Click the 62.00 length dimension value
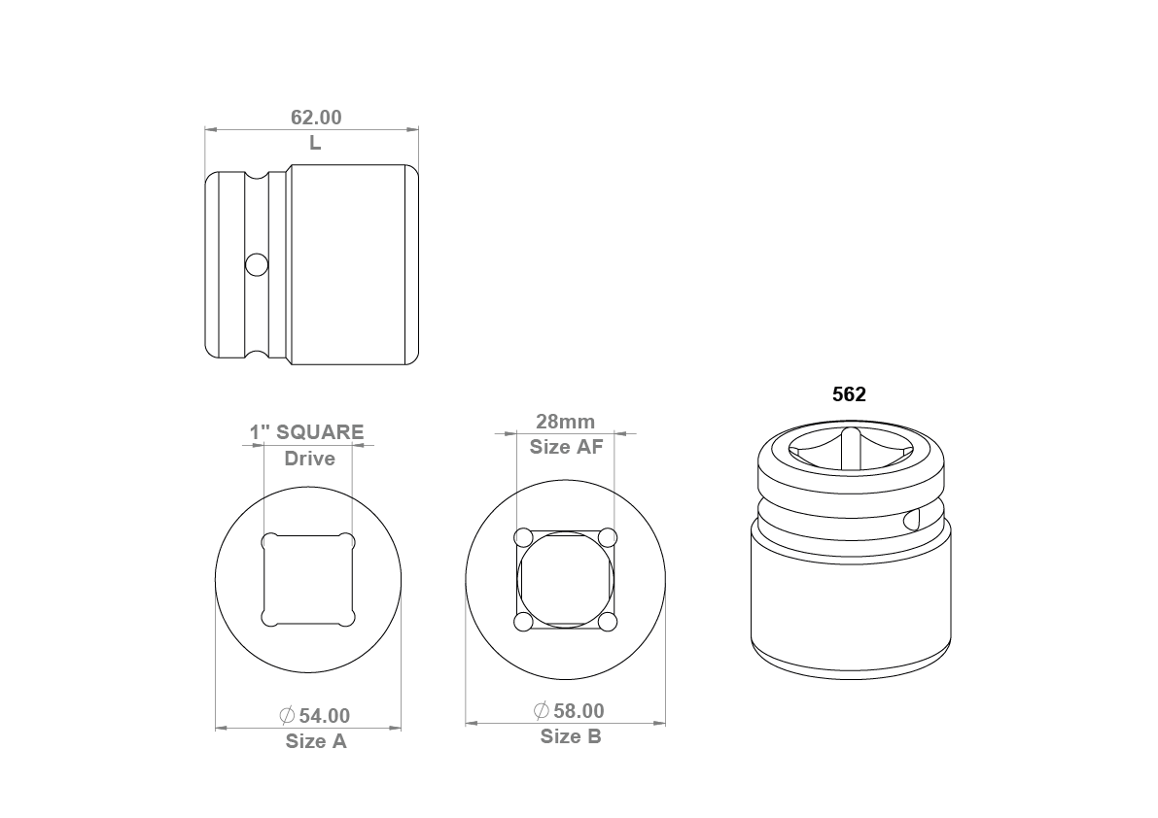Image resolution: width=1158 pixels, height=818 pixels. click(x=316, y=118)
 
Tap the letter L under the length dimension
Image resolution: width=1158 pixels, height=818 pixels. click(x=315, y=143)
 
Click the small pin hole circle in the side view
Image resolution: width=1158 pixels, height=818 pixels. click(x=257, y=264)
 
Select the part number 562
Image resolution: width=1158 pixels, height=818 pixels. click(x=850, y=394)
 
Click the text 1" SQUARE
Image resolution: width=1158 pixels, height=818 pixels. click(x=306, y=432)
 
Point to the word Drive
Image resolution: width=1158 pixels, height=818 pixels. click(x=309, y=459)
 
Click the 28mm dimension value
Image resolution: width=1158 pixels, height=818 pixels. click(x=566, y=422)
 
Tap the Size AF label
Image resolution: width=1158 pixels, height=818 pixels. click(x=567, y=447)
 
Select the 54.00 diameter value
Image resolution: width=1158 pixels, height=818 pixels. click(x=325, y=715)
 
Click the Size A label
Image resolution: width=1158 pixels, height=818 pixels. click(x=316, y=741)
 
